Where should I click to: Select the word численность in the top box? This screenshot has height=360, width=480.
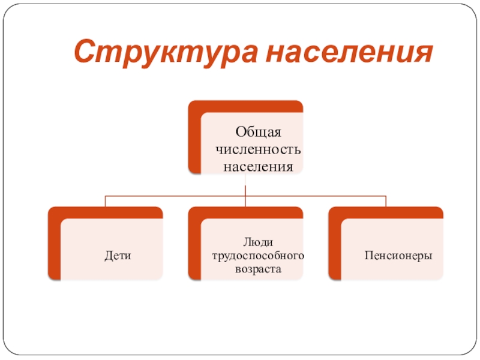(x=258, y=149)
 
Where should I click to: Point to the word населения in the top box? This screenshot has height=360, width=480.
(x=258, y=166)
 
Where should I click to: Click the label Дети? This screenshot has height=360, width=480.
(x=118, y=256)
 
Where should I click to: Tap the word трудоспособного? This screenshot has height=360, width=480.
(x=258, y=256)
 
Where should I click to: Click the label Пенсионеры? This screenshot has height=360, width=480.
(x=398, y=256)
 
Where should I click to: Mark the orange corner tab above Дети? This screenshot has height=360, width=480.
(x=105, y=212)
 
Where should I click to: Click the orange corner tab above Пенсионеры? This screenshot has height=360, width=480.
(x=386, y=212)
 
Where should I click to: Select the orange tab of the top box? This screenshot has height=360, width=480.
(x=245, y=106)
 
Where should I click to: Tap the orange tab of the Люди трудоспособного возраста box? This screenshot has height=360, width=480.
(x=245, y=212)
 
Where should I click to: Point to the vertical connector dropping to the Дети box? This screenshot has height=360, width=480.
(x=106, y=201)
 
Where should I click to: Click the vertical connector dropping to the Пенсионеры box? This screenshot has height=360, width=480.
(x=386, y=201)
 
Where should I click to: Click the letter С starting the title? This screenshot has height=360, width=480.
(x=84, y=53)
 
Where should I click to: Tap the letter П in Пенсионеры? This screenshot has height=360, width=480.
(x=368, y=256)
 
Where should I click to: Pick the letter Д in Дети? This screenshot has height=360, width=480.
(x=107, y=256)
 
